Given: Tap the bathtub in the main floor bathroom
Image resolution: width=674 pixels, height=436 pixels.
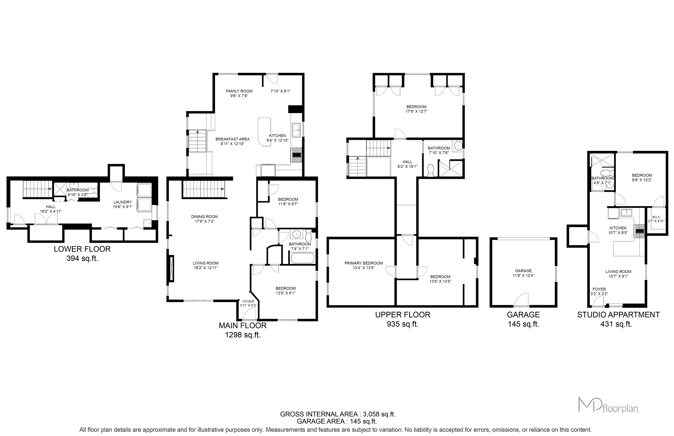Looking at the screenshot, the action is (x=303, y=258).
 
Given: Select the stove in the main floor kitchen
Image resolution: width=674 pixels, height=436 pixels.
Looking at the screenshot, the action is (x=296, y=155).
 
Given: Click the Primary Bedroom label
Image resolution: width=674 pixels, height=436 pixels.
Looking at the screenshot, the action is (x=364, y=263).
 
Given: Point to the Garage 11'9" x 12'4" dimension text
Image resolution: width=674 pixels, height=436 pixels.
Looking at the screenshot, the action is (x=523, y=275).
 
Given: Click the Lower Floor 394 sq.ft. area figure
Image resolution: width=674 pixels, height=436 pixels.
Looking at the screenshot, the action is (x=82, y=258).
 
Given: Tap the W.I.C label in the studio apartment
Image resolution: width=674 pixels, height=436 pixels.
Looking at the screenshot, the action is (x=656, y=217).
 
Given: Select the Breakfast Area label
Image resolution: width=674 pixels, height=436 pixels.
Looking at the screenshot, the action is (x=233, y=139).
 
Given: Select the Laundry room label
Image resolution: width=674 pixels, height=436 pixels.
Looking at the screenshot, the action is (x=123, y=202).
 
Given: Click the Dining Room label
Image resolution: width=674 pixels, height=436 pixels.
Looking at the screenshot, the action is (x=204, y=217).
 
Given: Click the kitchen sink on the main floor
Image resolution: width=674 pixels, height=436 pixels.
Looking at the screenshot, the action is (x=296, y=130).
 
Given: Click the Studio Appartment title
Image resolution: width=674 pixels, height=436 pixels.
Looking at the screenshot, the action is (x=619, y=315).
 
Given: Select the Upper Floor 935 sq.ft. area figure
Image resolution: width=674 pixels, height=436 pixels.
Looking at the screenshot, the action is (x=402, y=324).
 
